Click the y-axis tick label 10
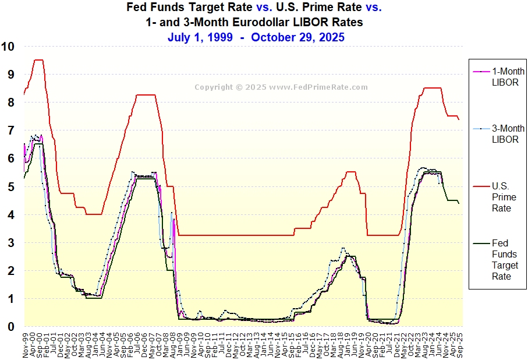click(9, 47)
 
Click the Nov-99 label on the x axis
click(26, 344)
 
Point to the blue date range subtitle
click(256, 37)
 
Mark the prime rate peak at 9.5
click(38, 59)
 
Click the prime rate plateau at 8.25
click(145, 95)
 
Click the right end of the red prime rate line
click(459, 119)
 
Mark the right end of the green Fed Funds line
click(459, 203)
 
